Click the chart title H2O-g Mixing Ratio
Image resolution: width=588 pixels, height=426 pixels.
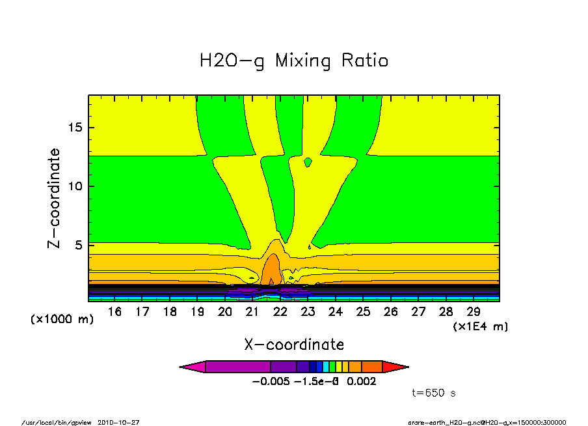click(294, 61)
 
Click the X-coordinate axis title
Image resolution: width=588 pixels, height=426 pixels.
click(294, 345)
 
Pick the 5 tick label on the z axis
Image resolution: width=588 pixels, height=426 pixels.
click(79, 246)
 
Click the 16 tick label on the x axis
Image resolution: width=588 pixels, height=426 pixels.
click(115, 312)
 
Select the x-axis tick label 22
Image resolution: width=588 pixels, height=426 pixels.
click(280, 312)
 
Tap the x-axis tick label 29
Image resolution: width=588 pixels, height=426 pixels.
click(473, 312)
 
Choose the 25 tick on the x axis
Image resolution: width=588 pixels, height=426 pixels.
click(363, 312)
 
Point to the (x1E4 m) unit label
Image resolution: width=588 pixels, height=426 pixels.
click(481, 326)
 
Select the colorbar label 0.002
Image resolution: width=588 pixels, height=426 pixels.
click(362, 382)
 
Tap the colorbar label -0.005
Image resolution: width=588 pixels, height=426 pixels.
click(271, 382)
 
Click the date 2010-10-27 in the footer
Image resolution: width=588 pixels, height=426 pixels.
click(118, 422)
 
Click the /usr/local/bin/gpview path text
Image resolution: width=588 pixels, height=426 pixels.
click(58, 422)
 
